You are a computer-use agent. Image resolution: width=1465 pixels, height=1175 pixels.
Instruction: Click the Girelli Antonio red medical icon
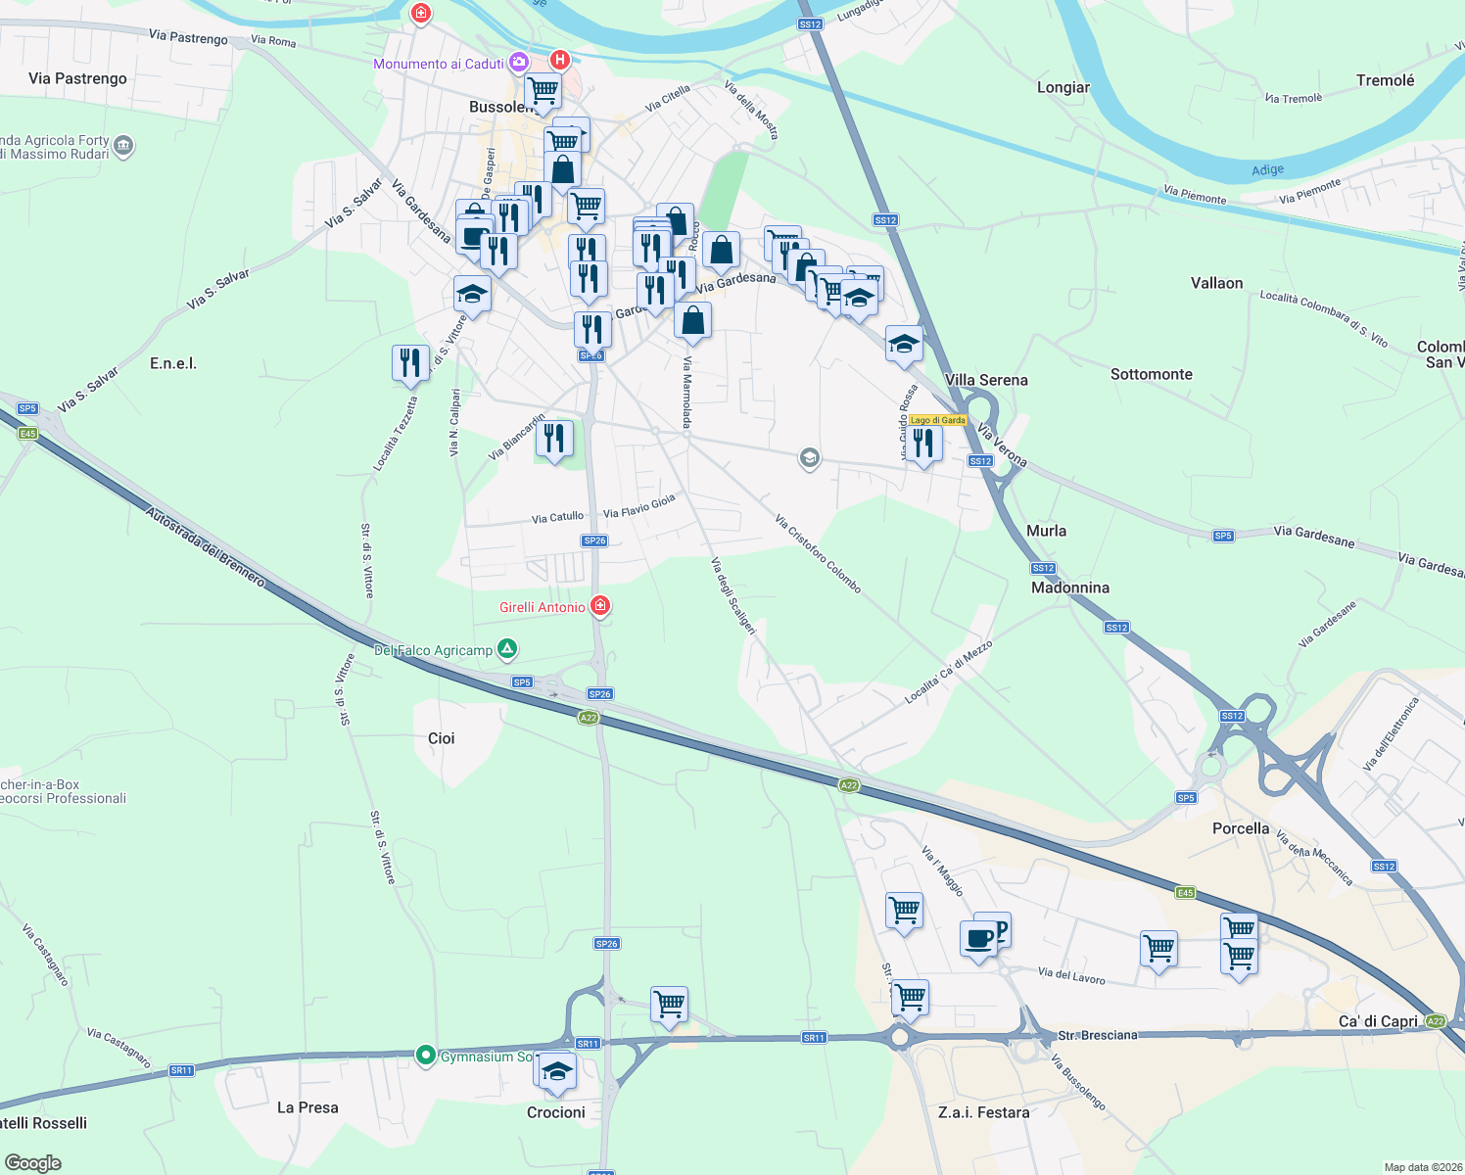(x=600, y=606)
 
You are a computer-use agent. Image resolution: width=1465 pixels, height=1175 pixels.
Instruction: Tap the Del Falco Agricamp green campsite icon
(x=507, y=648)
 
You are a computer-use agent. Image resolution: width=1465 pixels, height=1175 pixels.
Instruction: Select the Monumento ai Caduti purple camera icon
(x=519, y=63)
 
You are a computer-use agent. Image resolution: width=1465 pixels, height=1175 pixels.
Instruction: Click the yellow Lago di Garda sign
(x=937, y=420)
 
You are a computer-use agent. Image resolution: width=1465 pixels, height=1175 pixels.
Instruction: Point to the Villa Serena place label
(x=986, y=380)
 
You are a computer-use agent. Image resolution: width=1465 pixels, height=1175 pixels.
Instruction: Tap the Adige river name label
(x=1267, y=170)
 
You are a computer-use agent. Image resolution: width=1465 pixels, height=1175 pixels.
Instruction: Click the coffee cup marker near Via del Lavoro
(x=978, y=939)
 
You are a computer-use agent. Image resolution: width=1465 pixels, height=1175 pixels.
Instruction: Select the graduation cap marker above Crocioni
(x=556, y=1070)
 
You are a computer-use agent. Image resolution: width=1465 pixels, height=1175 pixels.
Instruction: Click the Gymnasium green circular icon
(x=426, y=1056)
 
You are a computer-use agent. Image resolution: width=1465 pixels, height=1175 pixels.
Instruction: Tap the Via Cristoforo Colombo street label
(x=818, y=553)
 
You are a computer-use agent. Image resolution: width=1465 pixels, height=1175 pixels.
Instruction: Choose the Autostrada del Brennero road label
(x=206, y=546)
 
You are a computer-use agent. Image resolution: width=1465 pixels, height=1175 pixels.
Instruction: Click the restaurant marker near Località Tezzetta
(x=410, y=362)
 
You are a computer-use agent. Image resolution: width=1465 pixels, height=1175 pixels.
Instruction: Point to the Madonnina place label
(x=1070, y=587)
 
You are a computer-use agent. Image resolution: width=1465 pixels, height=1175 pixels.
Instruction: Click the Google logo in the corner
(x=33, y=1163)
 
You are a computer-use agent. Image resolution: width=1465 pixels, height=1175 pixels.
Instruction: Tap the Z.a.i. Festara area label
(x=983, y=1112)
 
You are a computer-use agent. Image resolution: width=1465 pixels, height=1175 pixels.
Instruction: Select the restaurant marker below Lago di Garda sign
(x=922, y=443)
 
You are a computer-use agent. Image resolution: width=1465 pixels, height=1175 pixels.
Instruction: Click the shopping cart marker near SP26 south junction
(x=669, y=1004)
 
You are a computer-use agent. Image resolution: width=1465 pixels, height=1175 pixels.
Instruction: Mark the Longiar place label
(x=1063, y=87)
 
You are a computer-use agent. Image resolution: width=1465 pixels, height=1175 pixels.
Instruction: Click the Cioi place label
(x=441, y=738)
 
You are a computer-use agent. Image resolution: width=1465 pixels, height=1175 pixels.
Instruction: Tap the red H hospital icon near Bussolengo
(x=559, y=60)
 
